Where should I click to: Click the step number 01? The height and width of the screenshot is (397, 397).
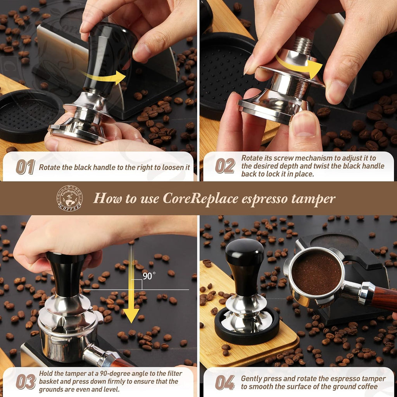point(25,167)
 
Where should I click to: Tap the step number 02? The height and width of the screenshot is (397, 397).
point(225,166)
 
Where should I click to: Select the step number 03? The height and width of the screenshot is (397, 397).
point(26,381)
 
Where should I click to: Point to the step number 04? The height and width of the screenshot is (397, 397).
point(225,382)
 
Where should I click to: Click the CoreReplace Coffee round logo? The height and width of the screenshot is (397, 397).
point(70,198)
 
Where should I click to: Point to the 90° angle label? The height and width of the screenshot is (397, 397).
point(148,276)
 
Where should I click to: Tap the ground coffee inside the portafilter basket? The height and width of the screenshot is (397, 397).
point(316,272)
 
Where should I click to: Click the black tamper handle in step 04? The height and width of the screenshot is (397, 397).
point(245,268)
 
